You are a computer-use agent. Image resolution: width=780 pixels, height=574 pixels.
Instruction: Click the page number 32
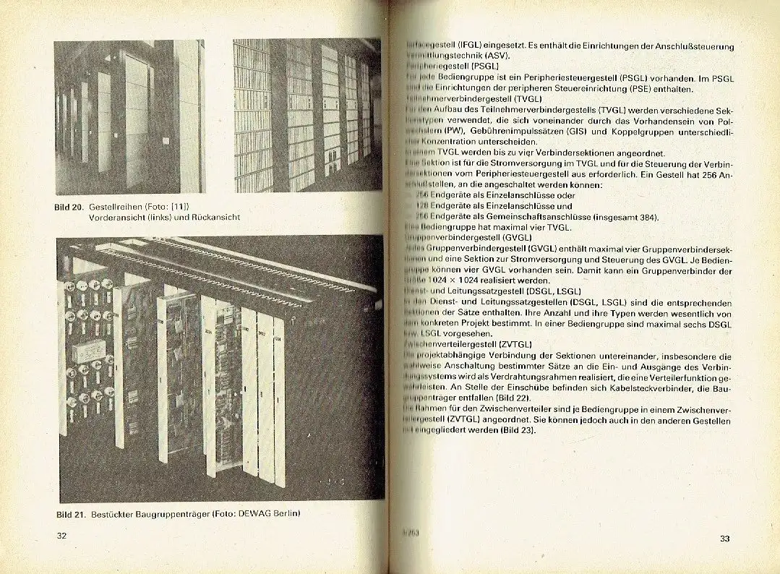point(61,536)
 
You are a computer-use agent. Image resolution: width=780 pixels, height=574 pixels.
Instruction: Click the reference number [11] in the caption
point(191,207)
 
